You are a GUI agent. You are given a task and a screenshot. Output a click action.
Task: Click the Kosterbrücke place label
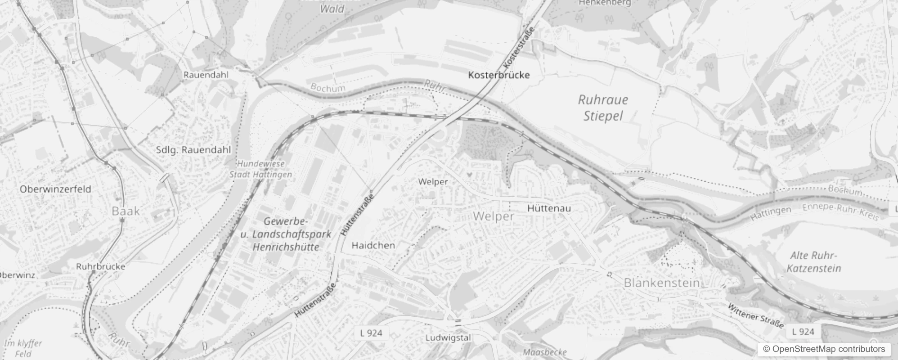(499, 75)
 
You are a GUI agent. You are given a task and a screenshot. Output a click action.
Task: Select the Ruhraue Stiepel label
(603, 108)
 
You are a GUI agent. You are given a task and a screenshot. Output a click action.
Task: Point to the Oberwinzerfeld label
(55, 189)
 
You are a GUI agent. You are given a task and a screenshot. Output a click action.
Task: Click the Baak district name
(126, 211)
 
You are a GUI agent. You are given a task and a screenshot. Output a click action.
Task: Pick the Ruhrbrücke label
(101, 266)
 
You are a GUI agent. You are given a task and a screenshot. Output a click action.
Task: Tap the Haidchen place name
(373, 245)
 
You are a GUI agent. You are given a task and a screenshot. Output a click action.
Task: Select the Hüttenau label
(549, 208)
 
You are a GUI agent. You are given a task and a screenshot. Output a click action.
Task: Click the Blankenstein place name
(662, 283)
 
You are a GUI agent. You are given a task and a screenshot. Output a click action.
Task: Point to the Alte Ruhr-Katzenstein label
(814, 262)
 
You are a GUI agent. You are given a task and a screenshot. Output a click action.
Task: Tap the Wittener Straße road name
(756, 315)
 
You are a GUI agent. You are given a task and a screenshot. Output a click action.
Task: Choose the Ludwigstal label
(448, 337)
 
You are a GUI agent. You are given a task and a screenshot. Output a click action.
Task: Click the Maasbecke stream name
(545, 352)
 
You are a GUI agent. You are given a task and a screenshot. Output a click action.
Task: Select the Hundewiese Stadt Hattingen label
(260, 169)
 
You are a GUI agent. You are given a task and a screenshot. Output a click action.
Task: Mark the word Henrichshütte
(286, 247)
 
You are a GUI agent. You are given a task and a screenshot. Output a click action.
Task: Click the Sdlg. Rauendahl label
(193, 150)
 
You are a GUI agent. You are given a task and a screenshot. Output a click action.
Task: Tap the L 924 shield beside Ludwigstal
(371, 333)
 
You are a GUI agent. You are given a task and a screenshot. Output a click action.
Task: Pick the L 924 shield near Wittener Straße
(803, 332)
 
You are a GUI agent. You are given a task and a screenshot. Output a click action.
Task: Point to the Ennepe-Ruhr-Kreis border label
(840, 212)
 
